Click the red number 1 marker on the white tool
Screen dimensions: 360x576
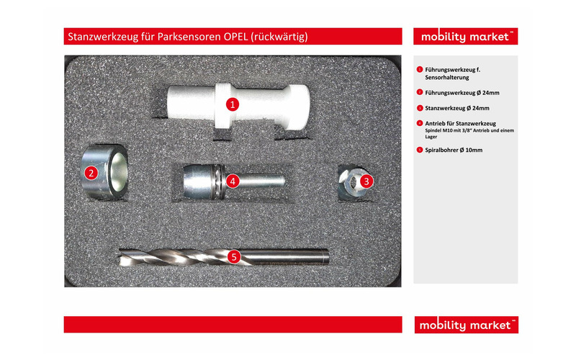tap(232, 104)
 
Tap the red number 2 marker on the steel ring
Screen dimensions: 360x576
tap(91, 172)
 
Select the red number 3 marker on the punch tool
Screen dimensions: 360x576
tap(366, 181)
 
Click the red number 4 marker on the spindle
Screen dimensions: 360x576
tap(232, 181)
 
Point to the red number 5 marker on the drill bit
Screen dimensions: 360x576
tap(233, 256)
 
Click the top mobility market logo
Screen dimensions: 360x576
tap(465, 37)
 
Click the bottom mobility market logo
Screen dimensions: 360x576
tap(465, 325)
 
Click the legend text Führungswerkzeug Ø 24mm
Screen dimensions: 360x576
tap(462, 92)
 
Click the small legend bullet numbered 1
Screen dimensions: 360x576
tap(419, 69)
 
